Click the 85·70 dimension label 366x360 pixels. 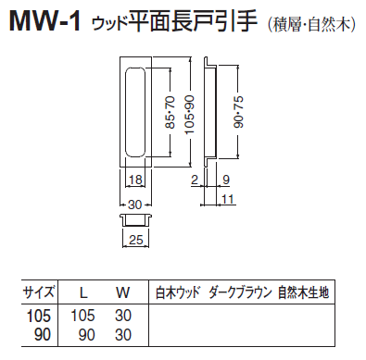168,112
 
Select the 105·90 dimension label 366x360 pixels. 189,112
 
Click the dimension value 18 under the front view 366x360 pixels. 134,179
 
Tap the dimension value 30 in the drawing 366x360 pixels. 134,205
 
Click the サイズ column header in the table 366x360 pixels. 39,292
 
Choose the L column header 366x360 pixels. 82,292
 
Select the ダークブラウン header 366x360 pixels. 240,292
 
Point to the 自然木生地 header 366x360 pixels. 303,292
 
